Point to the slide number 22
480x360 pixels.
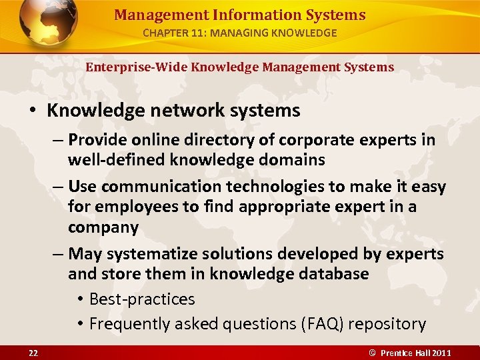coord(33,353)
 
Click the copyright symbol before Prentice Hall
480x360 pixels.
coord(374,353)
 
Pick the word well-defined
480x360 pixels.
coord(118,160)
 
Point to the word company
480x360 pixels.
coord(103,227)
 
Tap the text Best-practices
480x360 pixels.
coord(142,299)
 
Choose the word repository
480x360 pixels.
coord(387,324)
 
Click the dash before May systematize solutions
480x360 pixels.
coord(58,254)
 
